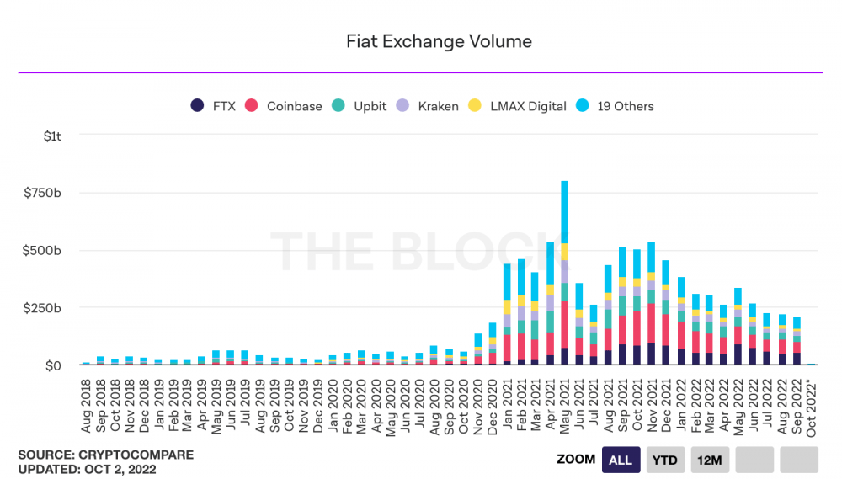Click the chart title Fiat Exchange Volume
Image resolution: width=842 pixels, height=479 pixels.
439,41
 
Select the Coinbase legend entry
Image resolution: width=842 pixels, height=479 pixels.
285,106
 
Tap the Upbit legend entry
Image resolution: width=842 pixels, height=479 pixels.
360,106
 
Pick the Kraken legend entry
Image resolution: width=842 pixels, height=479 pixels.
429,106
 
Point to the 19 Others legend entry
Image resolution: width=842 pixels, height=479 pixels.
616,106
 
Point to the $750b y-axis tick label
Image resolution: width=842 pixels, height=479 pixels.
45,193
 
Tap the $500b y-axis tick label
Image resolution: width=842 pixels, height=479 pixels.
45,251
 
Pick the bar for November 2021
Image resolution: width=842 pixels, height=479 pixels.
651,304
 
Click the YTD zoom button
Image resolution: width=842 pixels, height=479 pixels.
664,460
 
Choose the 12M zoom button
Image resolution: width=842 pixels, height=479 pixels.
709,460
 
